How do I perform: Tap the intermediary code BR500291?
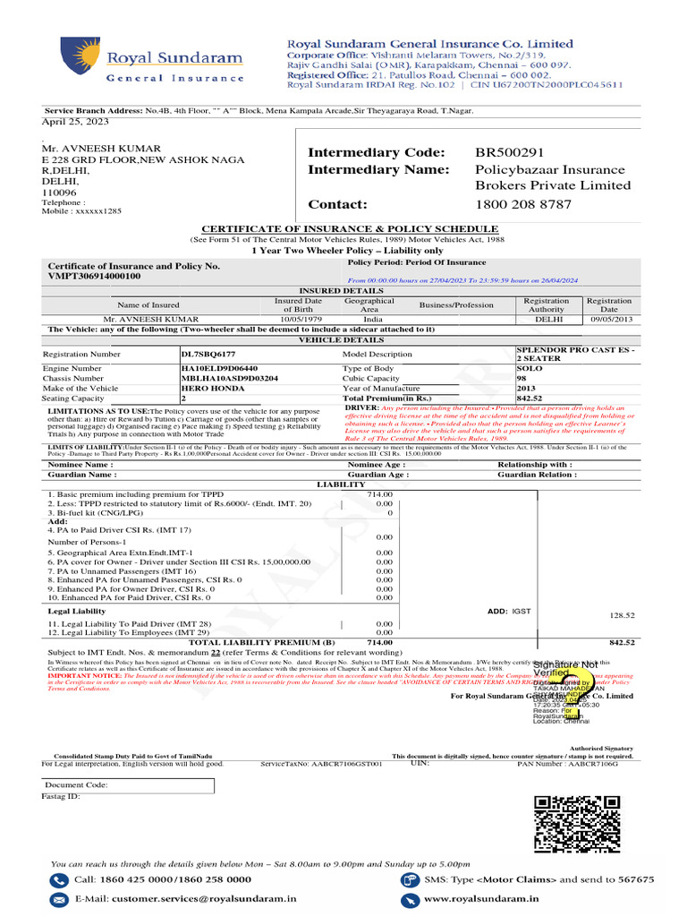pos(509,152)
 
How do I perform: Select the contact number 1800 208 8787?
pos(522,204)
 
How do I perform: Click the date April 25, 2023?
pos(75,121)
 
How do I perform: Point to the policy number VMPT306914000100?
pos(94,277)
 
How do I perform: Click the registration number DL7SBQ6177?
pos(209,355)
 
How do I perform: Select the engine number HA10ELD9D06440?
pos(219,368)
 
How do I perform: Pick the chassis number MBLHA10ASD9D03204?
pos(229,378)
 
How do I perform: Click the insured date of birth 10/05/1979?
pos(299,319)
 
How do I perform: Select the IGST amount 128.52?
pos(621,615)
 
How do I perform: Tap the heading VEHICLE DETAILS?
pos(341,340)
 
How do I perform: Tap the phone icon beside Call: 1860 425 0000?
pos(59,879)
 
